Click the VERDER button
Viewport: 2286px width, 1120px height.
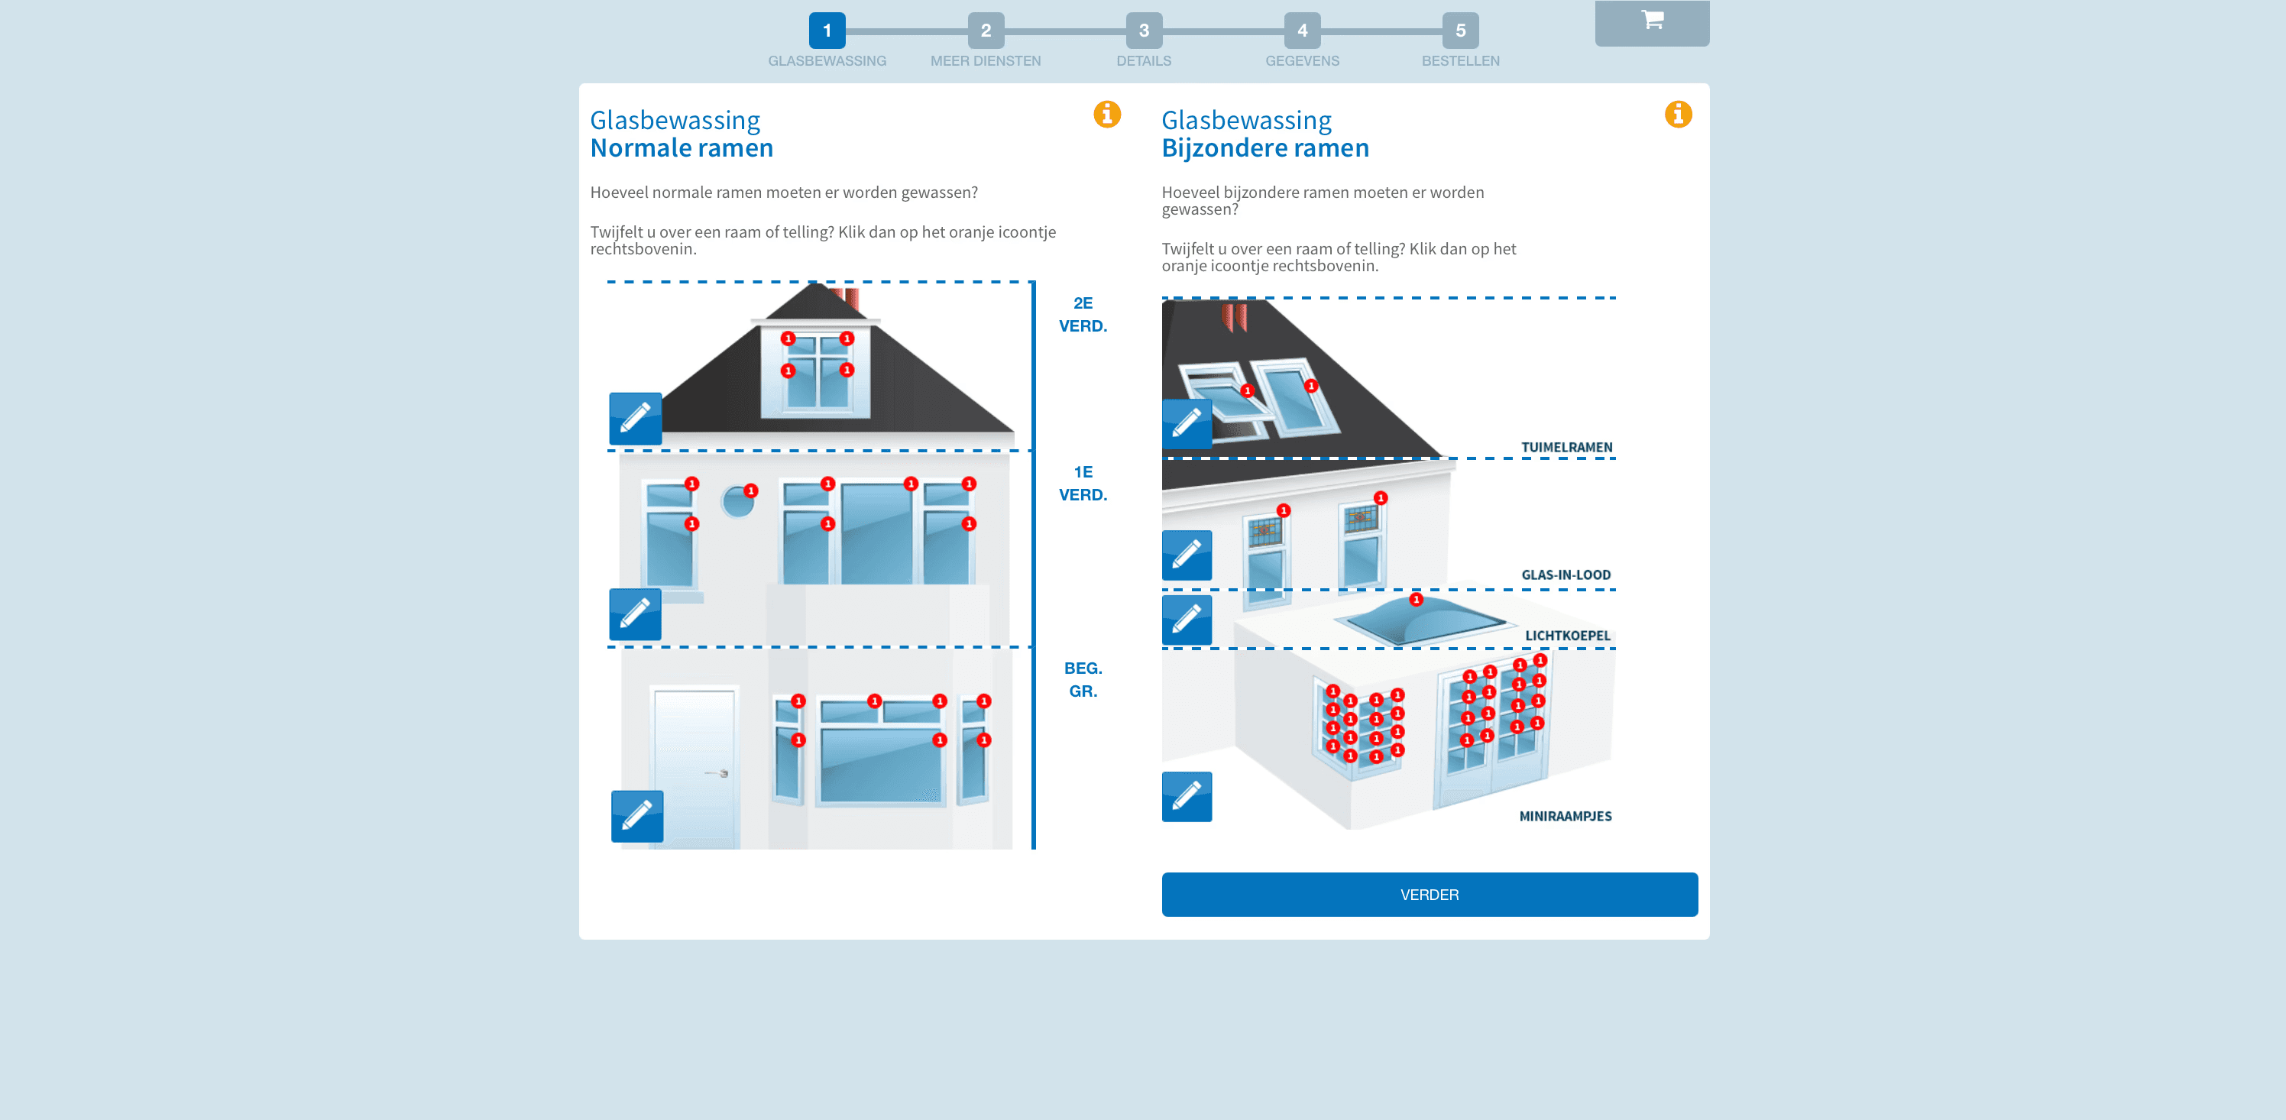click(x=1429, y=894)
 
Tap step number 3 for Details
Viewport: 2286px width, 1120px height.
click(x=1143, y=30)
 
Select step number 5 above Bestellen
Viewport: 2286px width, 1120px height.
click(x=1460, y=30)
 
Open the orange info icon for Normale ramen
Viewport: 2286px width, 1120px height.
click(x=1106, y=115)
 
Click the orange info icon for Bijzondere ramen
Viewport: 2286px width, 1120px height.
click(x=1677, y=115)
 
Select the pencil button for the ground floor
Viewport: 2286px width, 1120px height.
click(x=637, y=816)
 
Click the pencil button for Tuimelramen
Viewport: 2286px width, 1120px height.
click(x=1187, y=424)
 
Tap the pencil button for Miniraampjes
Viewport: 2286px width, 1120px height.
click(x=1187, y=796)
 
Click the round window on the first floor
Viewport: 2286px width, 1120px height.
click(x=737, y=502)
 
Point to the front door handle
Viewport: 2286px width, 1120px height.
click(x=720, y=773)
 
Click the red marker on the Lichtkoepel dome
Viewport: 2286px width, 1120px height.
click(x=1416, y=600)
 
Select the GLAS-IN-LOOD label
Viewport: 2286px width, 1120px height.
click(x=1566, y=575)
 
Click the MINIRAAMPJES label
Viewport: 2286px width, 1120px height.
click(x=1565, y=817)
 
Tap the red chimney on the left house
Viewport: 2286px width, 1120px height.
click(x=850, y=298)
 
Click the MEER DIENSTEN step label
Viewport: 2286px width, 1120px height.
click(x=985, y=61)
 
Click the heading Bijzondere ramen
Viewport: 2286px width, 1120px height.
click(x=1264, y=148)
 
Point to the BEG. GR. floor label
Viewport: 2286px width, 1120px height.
click(x=1083, y=679)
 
